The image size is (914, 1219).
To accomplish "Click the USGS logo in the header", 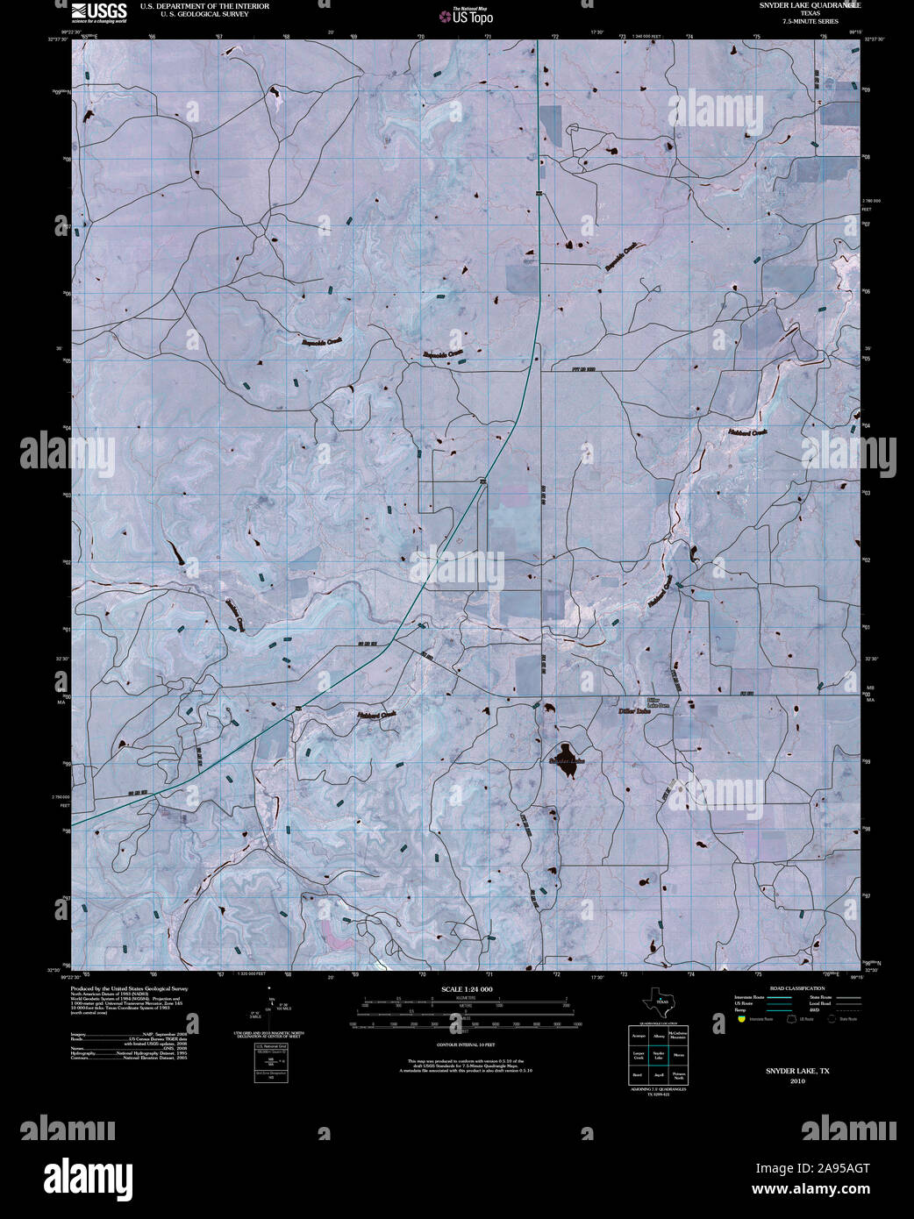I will pos(99,11).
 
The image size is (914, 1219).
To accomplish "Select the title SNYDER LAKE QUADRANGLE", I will pos(810,5).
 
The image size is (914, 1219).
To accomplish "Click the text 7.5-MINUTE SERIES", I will pos(810,20).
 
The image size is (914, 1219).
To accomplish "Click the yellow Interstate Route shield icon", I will pos(741,1020).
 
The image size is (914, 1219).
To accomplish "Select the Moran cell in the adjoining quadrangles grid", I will pos(678,1055).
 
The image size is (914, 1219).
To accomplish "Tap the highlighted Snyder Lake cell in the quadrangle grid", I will pos(659,1055).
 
